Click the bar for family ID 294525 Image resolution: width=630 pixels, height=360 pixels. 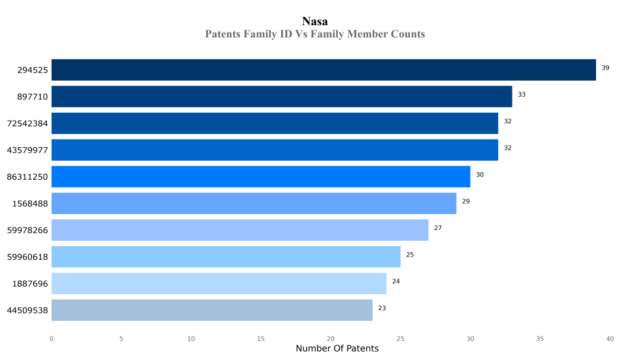[x=323, y=70]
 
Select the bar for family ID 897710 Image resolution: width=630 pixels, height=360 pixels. [x=281, y=97]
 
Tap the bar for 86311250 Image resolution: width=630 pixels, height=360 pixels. [x=260, y=177]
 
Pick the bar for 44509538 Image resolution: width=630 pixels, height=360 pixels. [x=212, y=310]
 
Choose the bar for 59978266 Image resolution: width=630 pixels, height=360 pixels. [x=239, y=230]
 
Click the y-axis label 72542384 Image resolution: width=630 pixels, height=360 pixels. [x=27, y=123]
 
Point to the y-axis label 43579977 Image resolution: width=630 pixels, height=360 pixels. [x=27, y=150]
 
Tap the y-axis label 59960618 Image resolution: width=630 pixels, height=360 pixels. [x=27, y=257]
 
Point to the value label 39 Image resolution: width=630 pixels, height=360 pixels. [x=605, y=68]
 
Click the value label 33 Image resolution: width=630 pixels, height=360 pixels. [x=522, y=94]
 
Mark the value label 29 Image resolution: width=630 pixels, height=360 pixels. [x=466, y=201]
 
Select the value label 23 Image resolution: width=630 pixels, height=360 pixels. [x=382, y=308]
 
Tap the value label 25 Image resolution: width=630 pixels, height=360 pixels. [x=410, y=254]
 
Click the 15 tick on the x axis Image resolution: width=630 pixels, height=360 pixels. [x=261, y=338]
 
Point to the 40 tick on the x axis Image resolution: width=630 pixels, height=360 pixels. [x=610, y=338]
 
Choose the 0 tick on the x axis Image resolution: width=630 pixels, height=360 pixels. [x=51, y=338]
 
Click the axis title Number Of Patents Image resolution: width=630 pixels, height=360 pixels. [x=337, y=348]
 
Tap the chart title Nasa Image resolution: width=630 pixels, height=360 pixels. [x=315, y=22]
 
